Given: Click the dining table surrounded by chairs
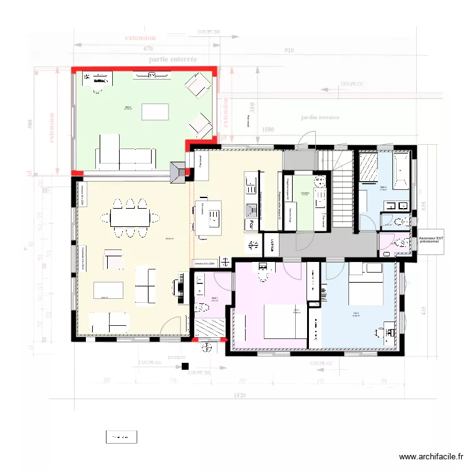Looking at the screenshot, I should (x=130, y=217).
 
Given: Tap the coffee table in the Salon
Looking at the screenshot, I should (x=155, y=112).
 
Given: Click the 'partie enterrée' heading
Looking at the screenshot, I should (x=173, y=59).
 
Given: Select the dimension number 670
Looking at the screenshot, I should (x=148, y=48).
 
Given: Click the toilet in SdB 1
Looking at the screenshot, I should (x=202, y=308).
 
